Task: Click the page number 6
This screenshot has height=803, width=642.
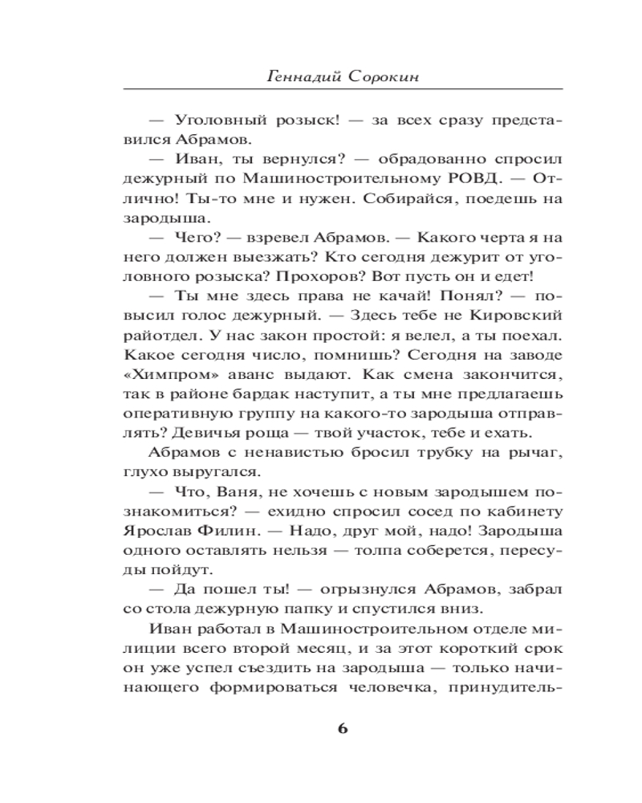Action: tap(343, 728)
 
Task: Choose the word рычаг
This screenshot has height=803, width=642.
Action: tap(536, 452)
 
